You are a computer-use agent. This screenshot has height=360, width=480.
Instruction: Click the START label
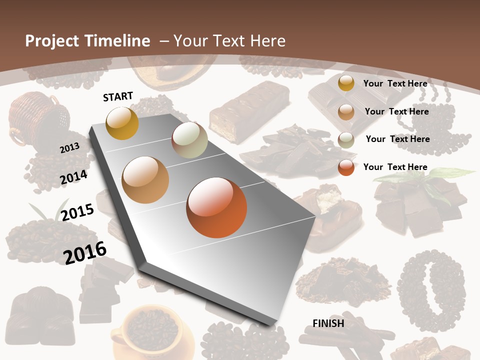tap(118, 96)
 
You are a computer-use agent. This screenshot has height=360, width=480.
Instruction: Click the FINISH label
tap(328, 323)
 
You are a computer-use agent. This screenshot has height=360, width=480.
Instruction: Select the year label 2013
tap(69, 147)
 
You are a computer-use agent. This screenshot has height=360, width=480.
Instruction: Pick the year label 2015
tap(77, 212)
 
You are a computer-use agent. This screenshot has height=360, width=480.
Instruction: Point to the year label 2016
tap(84, 252)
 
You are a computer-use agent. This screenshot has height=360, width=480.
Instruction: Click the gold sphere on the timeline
tap(122, 123)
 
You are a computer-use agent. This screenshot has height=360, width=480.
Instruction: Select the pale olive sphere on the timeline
tap(189, 140)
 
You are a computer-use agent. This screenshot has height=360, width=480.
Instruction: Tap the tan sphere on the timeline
tap(145, 180)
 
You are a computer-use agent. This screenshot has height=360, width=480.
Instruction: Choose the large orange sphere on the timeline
tap(216, 207)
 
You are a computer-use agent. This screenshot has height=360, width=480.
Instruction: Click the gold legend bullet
tap(346, 83)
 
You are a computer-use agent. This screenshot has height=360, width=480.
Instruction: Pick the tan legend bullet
tap(346, 111)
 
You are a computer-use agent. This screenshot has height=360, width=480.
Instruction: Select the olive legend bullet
tap(346, 139)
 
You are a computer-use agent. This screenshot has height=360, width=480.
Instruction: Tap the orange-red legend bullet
tap(346, 167)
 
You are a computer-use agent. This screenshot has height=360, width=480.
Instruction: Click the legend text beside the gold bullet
tap(395, 83)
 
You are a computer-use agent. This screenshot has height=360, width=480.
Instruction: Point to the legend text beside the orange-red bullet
tap(395, 167)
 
